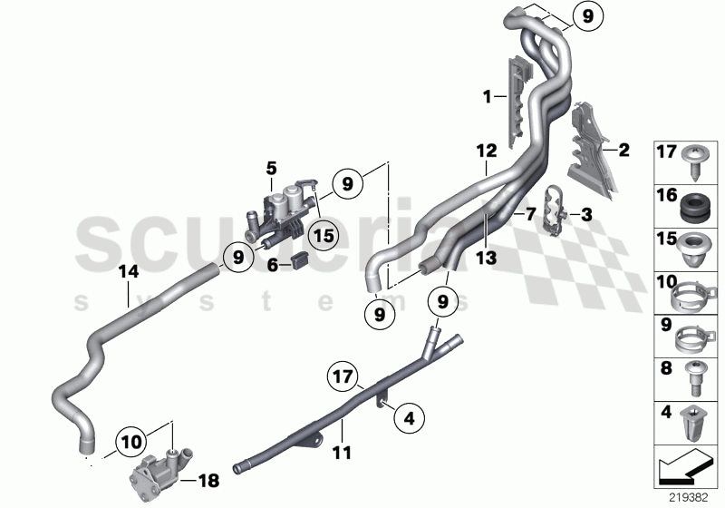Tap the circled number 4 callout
(409, 418)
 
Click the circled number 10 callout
(130, 441)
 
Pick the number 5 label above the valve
(270, 169)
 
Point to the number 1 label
(487, 95)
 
